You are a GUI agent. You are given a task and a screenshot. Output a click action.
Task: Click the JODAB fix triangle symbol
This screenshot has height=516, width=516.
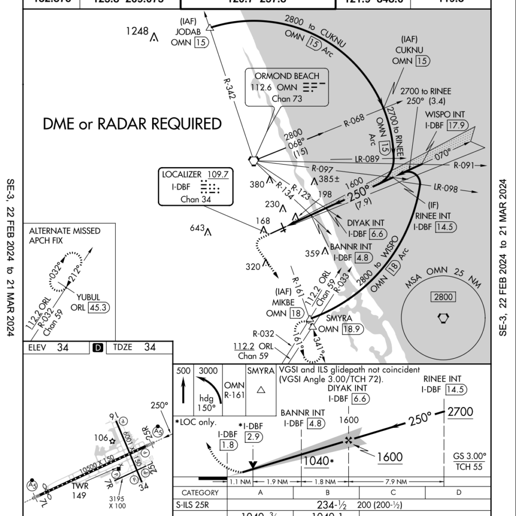click(x=209, y=27)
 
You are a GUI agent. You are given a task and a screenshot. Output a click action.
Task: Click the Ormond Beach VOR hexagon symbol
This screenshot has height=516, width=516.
click(x=253, y=160)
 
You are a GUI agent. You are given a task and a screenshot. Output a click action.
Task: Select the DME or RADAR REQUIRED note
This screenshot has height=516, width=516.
click(x=133, y=124)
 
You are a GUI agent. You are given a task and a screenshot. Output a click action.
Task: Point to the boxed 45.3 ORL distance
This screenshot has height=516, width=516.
click(x=100, y=307)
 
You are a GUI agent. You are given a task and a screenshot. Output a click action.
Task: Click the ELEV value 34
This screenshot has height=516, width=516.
click(x=62, y=347)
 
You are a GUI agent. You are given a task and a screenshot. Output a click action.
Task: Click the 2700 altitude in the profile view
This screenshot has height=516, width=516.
click(x=460, y=412)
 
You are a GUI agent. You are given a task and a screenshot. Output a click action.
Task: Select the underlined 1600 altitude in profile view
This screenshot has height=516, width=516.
click(x=390, y=457)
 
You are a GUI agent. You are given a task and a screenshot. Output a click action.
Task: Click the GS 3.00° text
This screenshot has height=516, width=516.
click(x=470, y=457)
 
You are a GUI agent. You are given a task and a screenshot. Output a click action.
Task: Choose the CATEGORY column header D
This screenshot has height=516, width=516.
click(x=459, y=492)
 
